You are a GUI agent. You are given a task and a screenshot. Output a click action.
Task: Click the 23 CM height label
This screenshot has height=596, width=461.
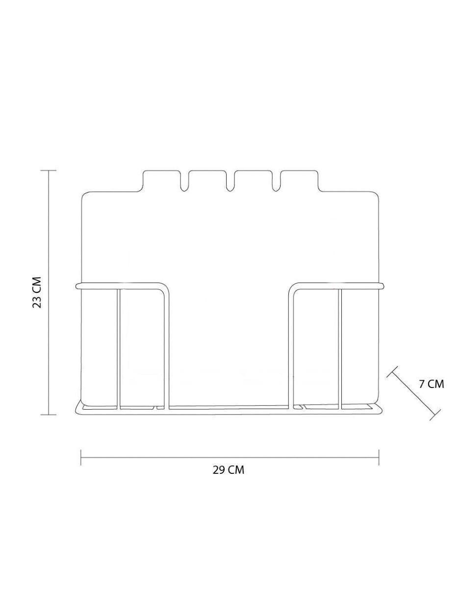click(37, 292)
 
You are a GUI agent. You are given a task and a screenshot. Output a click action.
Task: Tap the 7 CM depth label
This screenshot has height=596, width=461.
click(432, 384)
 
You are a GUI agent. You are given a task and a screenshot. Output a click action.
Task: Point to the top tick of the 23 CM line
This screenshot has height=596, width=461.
click(49, 171)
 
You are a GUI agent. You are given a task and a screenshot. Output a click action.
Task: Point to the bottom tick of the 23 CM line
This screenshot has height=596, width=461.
click(49, 415)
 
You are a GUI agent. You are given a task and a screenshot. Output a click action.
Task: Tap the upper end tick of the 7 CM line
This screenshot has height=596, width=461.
click(392, 372)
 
